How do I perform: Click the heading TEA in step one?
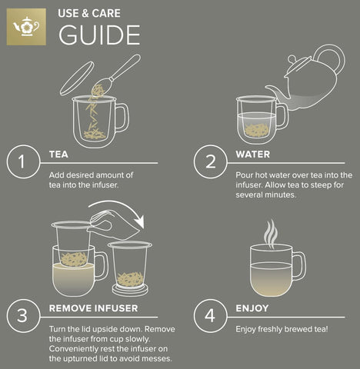(x=58, y=155)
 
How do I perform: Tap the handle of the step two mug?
(x=282, y=115)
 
